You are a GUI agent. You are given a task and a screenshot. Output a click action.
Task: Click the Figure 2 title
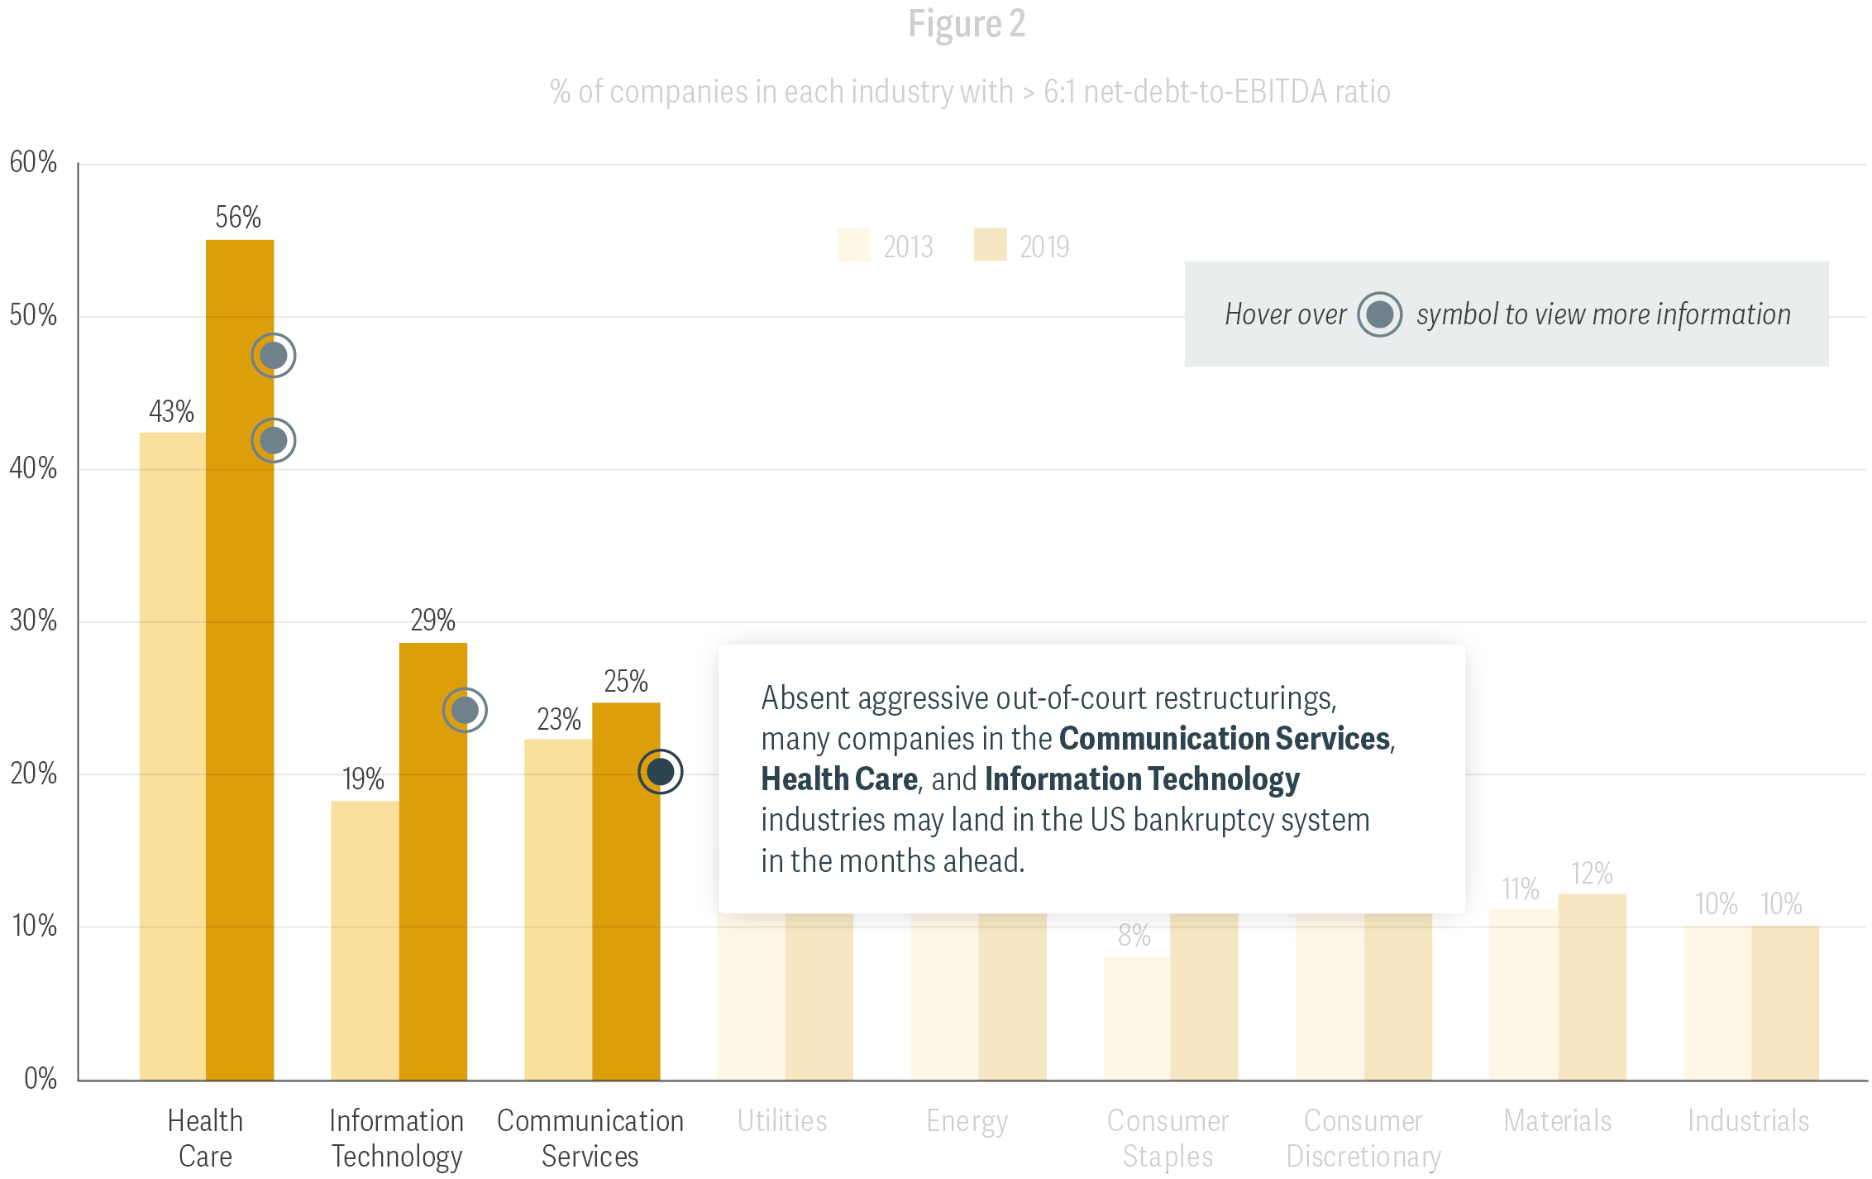point(967,24)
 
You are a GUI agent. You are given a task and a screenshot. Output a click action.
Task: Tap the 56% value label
point(238,218)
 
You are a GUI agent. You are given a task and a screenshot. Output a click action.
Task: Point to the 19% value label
point(363,779)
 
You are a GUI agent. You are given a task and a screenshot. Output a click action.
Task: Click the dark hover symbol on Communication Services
point(660,772)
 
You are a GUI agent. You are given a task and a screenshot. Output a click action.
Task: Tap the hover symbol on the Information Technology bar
point(465,710)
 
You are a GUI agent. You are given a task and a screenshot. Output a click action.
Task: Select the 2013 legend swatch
point(853,246)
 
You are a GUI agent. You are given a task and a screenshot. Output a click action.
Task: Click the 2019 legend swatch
point(990,246)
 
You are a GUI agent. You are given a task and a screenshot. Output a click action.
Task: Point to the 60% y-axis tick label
point(33,162)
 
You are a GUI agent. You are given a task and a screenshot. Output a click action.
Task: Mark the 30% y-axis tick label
point(33,621)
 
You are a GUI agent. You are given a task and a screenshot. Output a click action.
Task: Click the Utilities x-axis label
point(782,1121)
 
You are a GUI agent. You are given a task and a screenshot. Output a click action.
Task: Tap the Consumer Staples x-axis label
point(1168,1138)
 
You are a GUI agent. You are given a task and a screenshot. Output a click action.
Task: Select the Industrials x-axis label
point(1748,1121)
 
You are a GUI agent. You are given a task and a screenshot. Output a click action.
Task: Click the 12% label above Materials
point(1592,874)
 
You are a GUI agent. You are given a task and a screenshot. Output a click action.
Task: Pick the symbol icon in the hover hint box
point(1379,314)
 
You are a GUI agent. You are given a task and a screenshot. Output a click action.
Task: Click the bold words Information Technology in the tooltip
point(1142,779)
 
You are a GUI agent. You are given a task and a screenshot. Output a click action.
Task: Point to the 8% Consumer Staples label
point(1134,936)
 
